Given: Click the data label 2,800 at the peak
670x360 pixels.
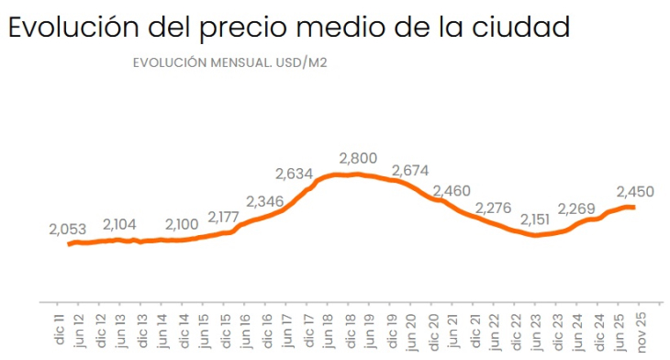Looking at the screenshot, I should (x=358, y=158).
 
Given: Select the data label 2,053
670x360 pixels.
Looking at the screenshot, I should (x=67, y=229).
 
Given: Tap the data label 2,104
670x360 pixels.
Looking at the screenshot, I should (x=121, y=224).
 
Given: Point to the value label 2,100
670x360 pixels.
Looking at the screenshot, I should (x=184, y=224).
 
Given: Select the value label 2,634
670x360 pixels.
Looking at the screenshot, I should (x=296, y=174).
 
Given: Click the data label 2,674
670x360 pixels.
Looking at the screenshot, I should (x=410, y=171).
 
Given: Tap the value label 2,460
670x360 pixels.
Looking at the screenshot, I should (x=452, y=190).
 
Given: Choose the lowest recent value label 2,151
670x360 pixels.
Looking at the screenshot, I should (x=538, y=219).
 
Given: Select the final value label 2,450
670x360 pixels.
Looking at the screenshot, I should (x=634, y=191).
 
